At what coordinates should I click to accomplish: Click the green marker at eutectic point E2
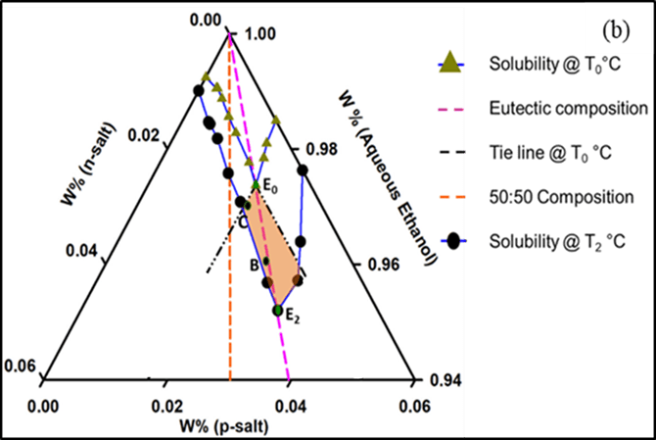click(x=278, y=310)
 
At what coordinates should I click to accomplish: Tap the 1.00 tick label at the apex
click(x=257, y=33)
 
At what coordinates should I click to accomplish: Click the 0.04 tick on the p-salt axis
click(x=289, y=403)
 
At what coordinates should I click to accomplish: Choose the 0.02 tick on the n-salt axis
click(x=141, y=133)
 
